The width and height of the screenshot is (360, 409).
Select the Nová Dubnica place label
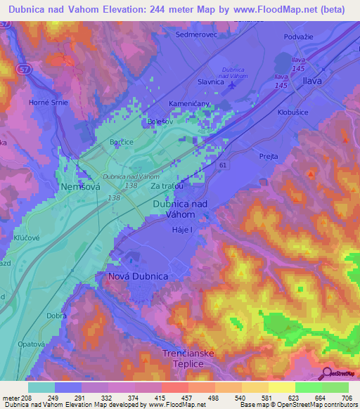138,277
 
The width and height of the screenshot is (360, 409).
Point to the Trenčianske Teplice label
183,358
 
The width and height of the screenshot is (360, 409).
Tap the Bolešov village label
160,122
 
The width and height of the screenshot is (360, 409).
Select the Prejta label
269,157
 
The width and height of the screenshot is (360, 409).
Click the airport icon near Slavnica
233,84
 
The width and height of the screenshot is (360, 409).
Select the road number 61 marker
222,164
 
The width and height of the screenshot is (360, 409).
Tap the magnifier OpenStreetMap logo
326,373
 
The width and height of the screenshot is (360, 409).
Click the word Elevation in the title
122,9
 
